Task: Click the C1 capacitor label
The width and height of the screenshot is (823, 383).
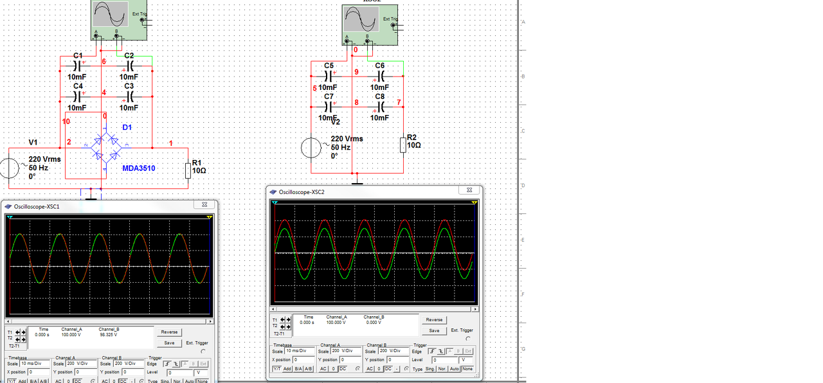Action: tap(78, 56)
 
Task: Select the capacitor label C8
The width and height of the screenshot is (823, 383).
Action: tap(380, 96)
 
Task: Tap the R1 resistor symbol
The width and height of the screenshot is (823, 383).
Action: tap(188, 170)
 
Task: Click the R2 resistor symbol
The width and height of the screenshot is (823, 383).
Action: tap(403, 145)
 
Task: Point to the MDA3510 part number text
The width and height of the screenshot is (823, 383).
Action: tap(139, 168)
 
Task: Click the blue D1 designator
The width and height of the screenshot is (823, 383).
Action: tap(127, 128)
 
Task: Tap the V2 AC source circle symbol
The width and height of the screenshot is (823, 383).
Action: tap(311, 148)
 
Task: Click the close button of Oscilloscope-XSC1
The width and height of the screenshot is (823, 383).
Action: tap(205, 206)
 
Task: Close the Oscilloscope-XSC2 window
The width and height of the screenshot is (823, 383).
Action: tap(470, 191)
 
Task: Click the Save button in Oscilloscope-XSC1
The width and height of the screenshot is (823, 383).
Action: tap(169, 343)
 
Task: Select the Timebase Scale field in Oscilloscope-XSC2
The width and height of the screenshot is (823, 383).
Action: tap(300, 351)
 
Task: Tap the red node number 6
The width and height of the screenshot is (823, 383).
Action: tap(104, 62)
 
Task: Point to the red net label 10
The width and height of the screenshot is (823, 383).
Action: tap(66, 121)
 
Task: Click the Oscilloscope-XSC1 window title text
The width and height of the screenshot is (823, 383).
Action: tap(37, 206)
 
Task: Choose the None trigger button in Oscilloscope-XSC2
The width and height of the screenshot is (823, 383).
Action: tap(467, 369)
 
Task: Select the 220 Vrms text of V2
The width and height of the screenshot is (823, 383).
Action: tap(347, 139)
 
